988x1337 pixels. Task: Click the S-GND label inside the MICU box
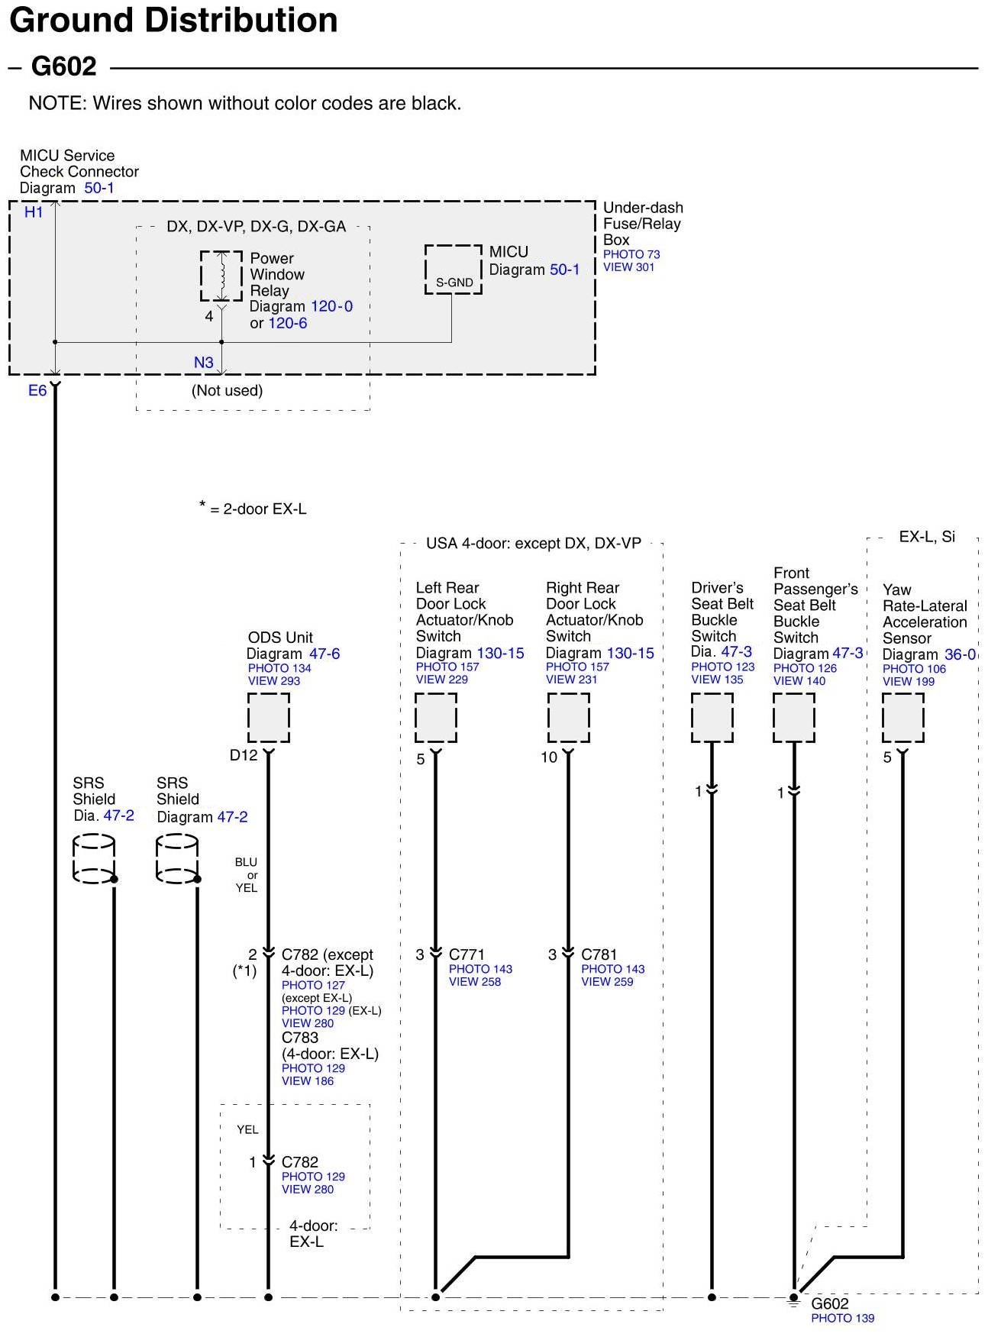[x=454, y=283]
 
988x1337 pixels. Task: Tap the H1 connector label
[x=34, y=212]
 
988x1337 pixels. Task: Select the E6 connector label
[x=37, y=391]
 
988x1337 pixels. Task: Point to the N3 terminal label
[x=203, y=363]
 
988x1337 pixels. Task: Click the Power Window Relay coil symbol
[x=221, y=276]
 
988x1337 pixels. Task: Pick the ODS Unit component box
[x=268, y=718]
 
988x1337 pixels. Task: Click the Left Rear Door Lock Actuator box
[x=435, y=718]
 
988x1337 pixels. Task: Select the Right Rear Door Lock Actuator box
[x=568, y=718]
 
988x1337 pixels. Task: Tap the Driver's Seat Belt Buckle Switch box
[x=712, y=718]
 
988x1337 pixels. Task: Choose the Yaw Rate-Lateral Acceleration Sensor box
[x=902, y=718]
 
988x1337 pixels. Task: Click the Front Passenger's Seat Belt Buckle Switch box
[x=793, y=718]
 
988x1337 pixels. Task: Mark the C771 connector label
[x=467, y=954]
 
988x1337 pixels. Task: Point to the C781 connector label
[x=599, y=954]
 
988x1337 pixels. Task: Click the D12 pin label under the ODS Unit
[x=244, y=755]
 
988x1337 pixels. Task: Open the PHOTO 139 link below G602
[x=842, y=1318]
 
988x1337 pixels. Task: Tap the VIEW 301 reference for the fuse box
[x=628, y=267]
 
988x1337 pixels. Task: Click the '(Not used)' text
[x=227, y=391]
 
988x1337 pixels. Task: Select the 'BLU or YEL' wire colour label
[x=246, y=875]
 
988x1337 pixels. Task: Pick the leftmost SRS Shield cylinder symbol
[x=94, y=859]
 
